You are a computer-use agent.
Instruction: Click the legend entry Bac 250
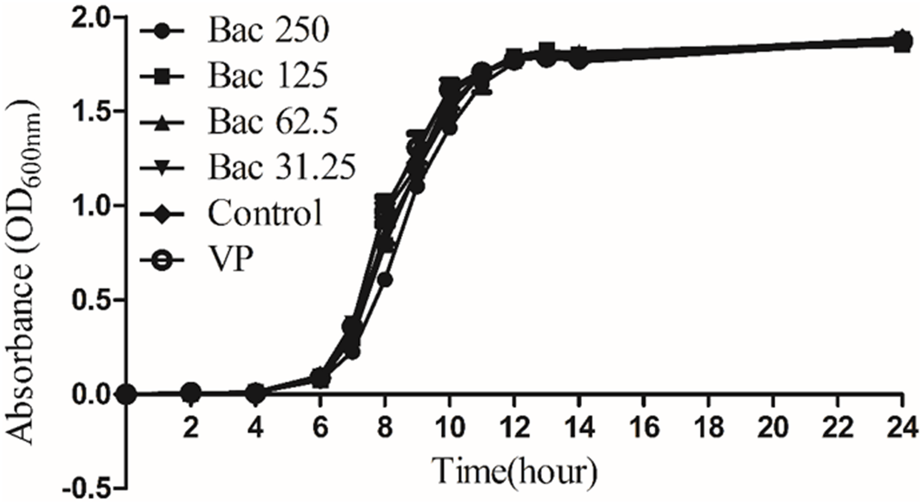click(268, 31)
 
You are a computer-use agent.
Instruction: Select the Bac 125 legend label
click(268, 77)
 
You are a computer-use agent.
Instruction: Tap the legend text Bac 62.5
click(273, 122)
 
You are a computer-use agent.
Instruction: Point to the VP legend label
click(230, 259)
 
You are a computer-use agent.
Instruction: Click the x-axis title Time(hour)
click(514, 472)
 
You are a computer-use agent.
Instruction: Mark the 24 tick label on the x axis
click(901, 427)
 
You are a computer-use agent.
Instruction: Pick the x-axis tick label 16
click(644, 427)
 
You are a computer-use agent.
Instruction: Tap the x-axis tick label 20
click(773, 427)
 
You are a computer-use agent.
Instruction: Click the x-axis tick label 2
click(191, 427)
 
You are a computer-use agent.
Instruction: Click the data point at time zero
click(127, 394)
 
